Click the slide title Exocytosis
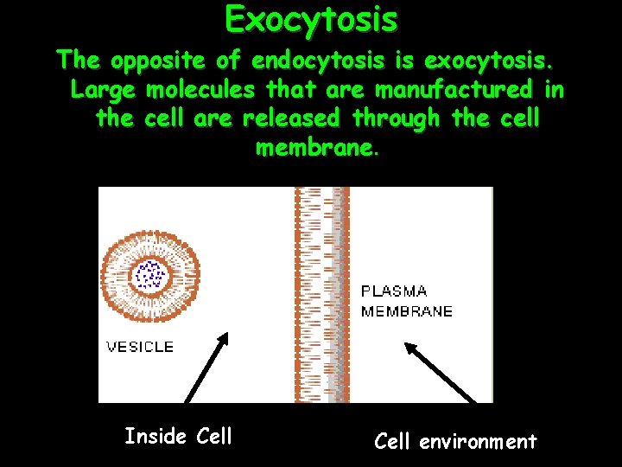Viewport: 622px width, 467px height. [x=311, y=18]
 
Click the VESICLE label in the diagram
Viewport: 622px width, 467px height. [x=139, y=347]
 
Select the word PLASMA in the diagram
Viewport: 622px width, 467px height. [x=394, y=291]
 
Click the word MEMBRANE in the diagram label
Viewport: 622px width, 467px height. [x=406, y=311]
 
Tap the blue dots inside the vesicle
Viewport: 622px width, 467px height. [x=150, y=275]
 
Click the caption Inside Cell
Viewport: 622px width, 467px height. [x=178, y=437]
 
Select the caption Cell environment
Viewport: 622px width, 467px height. [x=455, y=442]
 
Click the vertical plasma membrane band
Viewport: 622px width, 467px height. [x=321, y=294]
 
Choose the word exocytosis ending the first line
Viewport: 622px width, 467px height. [x=487, y=61]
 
